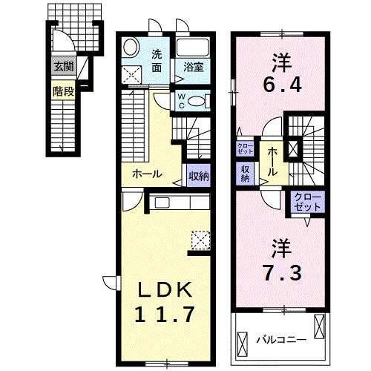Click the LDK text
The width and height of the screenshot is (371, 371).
click(x=165, y=288)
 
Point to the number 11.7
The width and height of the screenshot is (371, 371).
click(x=165, y=314)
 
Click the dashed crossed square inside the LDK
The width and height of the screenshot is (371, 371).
click(x=200, y=239)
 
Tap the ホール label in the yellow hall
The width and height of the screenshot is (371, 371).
click(x=148, y=175)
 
